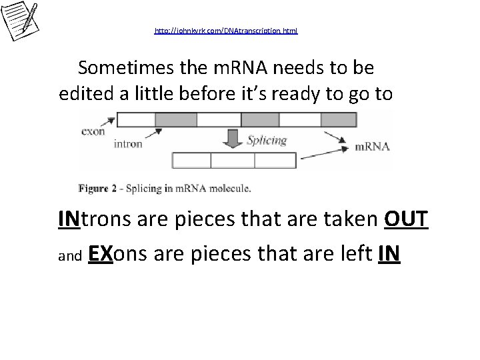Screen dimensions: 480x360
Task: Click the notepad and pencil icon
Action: click(20, 19)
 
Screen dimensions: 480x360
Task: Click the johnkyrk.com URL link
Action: click(226, 31)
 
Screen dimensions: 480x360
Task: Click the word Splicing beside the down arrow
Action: click(267, 141)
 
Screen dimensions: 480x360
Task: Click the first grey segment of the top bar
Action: click(176, 119)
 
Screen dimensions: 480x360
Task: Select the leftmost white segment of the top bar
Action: click(135, 119)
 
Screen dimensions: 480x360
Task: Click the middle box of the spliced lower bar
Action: click(229, 160)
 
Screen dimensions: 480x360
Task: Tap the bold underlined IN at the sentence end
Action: click(389, 254)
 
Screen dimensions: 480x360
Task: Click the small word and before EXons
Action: click(69, 257)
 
